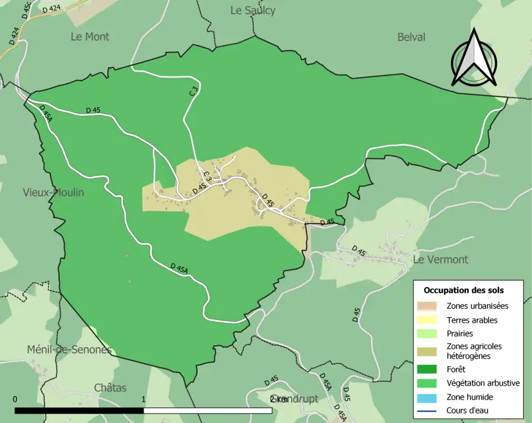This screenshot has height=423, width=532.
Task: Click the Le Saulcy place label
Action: [x=253, y=11]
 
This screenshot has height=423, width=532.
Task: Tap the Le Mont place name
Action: [x=90, y=37]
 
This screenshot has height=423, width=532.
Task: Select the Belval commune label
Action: [x=411, y=37]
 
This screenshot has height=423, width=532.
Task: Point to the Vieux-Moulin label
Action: [x=53, y=192]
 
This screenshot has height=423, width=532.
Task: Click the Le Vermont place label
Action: [x=441, y=259]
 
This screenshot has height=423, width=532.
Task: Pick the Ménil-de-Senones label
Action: [x=69, y=350]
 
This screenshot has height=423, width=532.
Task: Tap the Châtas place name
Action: [x=110, y=388]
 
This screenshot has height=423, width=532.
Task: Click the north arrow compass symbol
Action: [x=474, y=58]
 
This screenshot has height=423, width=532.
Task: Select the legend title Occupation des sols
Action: [x=463, y=290]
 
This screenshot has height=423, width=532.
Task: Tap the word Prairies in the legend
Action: [x=460, y=334]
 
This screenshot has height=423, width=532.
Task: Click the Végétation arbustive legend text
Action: [x=483, y=383]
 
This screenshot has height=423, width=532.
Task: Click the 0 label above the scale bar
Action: [x=15, y=399]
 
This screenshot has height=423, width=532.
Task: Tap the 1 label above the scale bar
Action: [x=144, y=399]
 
